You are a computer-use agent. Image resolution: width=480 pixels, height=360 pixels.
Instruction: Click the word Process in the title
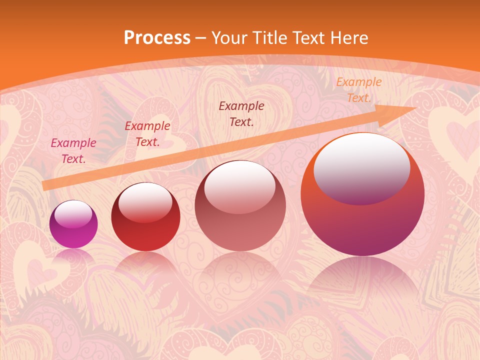click(x=157, y=37)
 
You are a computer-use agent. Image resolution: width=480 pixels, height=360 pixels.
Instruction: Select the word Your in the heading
click(x=231, y=37)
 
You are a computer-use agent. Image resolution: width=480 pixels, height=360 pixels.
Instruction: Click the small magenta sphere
click(x=73, y=224)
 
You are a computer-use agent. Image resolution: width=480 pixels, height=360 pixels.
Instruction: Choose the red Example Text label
click(x=147, y=134)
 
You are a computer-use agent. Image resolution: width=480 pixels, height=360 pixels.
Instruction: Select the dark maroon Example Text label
click(x=241, y=114)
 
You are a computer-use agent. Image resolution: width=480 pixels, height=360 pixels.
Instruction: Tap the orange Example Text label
click(x=358, y=90)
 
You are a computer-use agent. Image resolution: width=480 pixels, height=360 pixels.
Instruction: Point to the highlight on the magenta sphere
click(x=73, y=214)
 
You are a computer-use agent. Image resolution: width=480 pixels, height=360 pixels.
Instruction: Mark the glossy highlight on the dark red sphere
click(x=145, y=202)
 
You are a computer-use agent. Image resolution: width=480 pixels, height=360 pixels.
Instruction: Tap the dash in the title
click(x=201, y=38)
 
